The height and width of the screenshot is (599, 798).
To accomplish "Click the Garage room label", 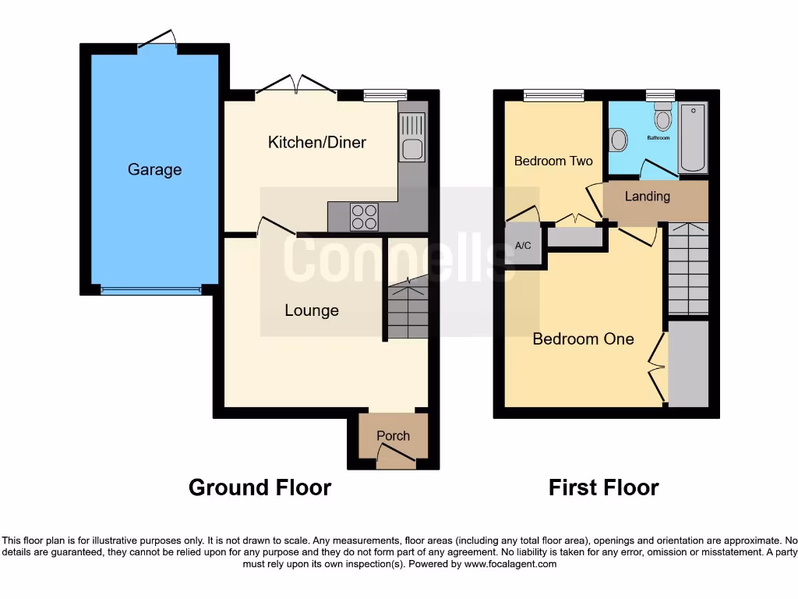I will (x=154, y=169).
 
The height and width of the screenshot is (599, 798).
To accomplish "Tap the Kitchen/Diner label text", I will (x=316, y=142).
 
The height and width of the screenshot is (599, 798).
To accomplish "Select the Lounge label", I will (x=311, y=310).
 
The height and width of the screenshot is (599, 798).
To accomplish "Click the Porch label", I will (x=393, y=436).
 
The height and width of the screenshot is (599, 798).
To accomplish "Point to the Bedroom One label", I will (x=583, y=338).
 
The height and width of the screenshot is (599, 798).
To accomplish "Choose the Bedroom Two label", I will (x=553, y=161).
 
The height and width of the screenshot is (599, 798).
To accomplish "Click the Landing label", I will (x=647, y=196).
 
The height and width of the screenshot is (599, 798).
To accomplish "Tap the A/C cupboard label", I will (x=523, y=246).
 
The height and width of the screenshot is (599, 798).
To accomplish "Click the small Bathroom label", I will (x=658, y=138).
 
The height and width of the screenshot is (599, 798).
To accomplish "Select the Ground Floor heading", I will (x=260, y=487).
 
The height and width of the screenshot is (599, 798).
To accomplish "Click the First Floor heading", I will (x=603, y=487).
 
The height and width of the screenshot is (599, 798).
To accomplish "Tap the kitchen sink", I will (x=411, y=137).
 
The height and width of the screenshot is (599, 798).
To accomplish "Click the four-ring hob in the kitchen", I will (x=365, y=217).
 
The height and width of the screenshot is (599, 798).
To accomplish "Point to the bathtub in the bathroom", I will (x=692, y=137).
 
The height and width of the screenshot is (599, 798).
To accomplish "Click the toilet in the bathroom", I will (x=663, y=117).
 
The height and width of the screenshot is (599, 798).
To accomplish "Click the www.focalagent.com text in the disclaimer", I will (x=510, y=564).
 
